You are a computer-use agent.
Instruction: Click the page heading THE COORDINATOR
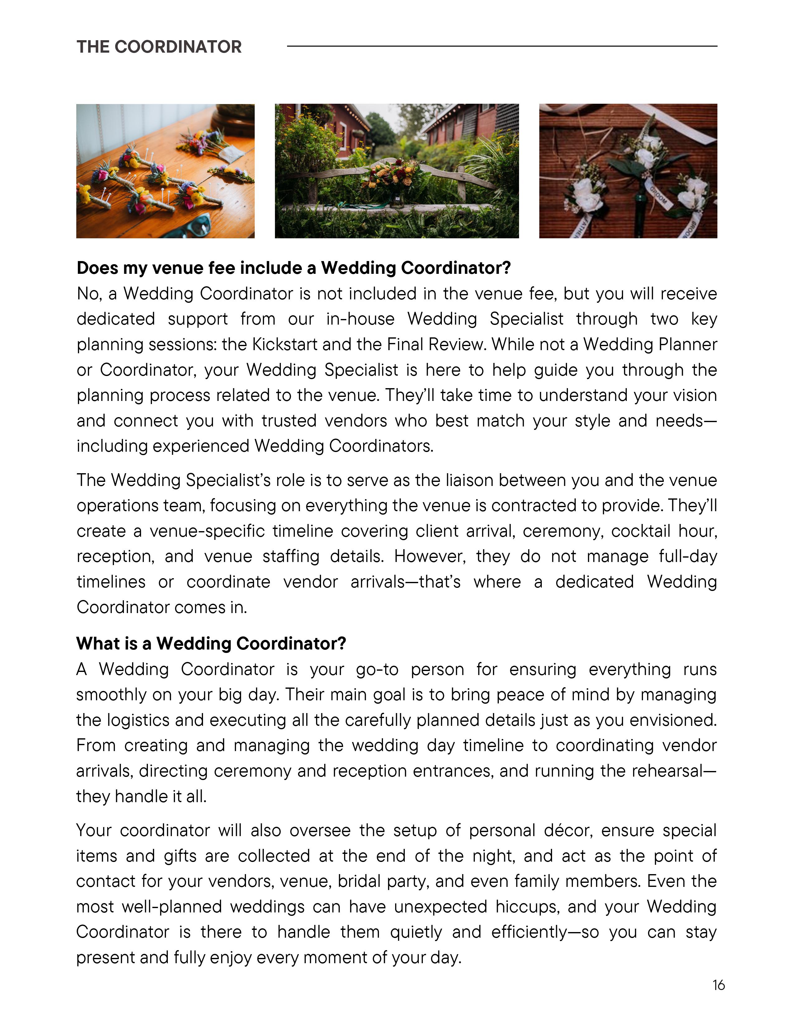pyautogui.click(x=159, y=47)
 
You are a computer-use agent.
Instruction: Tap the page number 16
pyautogui.click(x=718, y=985)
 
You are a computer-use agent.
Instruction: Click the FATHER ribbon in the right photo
pyautogui.click(x=579, y=226)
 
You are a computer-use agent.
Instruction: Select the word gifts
pyautogui.click(x=180, y=856)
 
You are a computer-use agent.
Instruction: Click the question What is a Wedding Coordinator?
pyautogui.click(x=211, y=644)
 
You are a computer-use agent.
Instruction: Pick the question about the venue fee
pyautogui.click(x=294, y=268)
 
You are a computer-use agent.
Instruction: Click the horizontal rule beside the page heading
pyautogui.click(x=502, y=46)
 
